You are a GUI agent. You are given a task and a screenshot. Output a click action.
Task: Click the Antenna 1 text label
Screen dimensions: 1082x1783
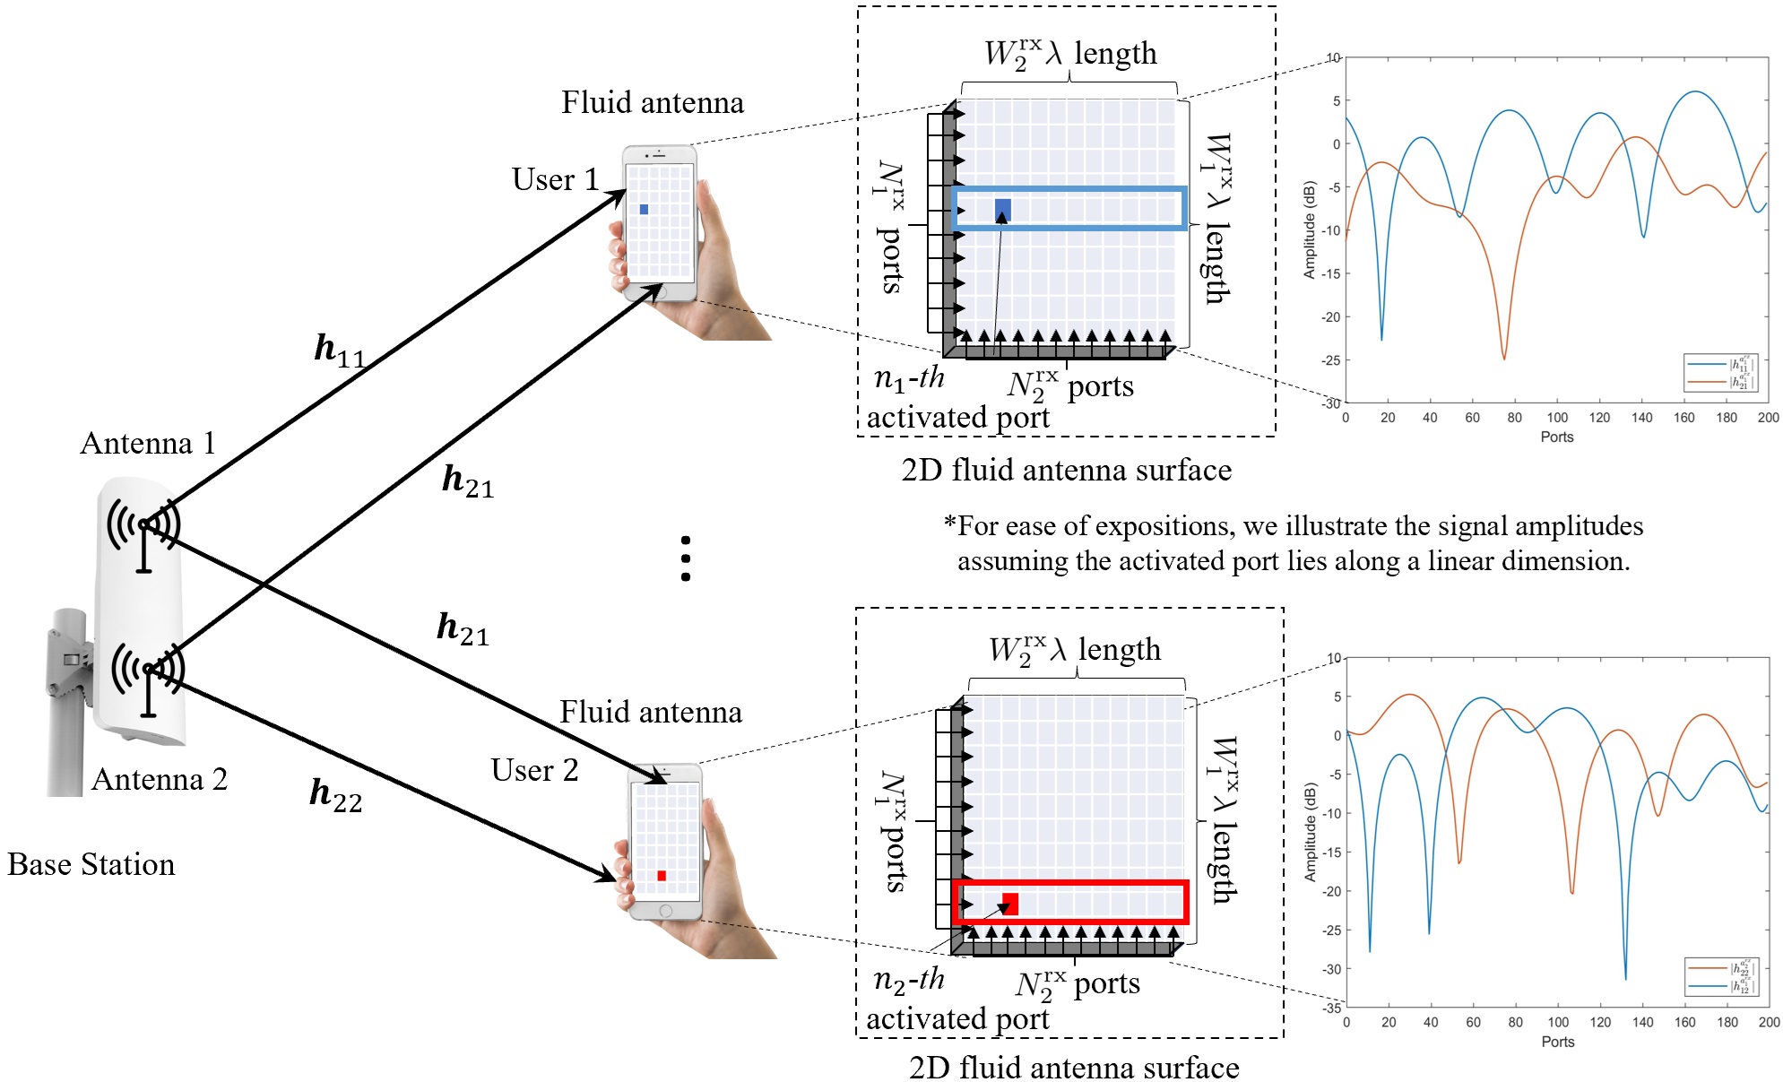[148, 443]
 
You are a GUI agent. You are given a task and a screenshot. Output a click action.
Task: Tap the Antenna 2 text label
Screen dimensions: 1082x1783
[160, 779]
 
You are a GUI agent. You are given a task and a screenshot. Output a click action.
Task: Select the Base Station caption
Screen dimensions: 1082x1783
[91, 864]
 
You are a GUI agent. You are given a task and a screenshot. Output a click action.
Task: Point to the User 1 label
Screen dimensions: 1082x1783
[555, 179]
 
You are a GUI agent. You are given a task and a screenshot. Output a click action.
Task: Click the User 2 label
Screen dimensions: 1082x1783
[534, 770]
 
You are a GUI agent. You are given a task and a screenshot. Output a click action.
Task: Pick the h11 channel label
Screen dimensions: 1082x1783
[340, 349]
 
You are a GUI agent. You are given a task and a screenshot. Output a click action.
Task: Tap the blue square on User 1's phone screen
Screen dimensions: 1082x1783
[644, 210]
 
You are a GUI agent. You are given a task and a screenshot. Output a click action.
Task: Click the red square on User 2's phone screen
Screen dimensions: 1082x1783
[662, 876]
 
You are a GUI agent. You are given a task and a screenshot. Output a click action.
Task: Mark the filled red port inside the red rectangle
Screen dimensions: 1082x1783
[1010, 902]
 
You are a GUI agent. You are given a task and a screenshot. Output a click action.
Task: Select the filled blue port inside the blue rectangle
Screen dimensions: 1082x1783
[1003, 209]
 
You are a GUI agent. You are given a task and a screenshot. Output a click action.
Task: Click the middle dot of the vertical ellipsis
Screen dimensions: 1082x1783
[686, 558]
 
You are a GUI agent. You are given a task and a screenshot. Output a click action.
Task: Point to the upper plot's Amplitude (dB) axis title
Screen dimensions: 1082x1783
[1309, 230]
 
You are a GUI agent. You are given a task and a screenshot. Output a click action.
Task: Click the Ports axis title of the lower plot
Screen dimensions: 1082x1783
[1557, 1042]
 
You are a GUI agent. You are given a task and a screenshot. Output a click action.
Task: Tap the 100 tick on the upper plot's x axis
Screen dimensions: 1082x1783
[1557, 418]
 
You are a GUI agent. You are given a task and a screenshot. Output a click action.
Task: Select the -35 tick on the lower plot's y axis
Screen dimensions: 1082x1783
[1332, 1008]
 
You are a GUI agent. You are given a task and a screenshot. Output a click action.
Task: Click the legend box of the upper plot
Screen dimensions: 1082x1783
[1720, 373]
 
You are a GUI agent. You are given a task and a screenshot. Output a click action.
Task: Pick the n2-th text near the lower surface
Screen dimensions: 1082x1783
[909, 980]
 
